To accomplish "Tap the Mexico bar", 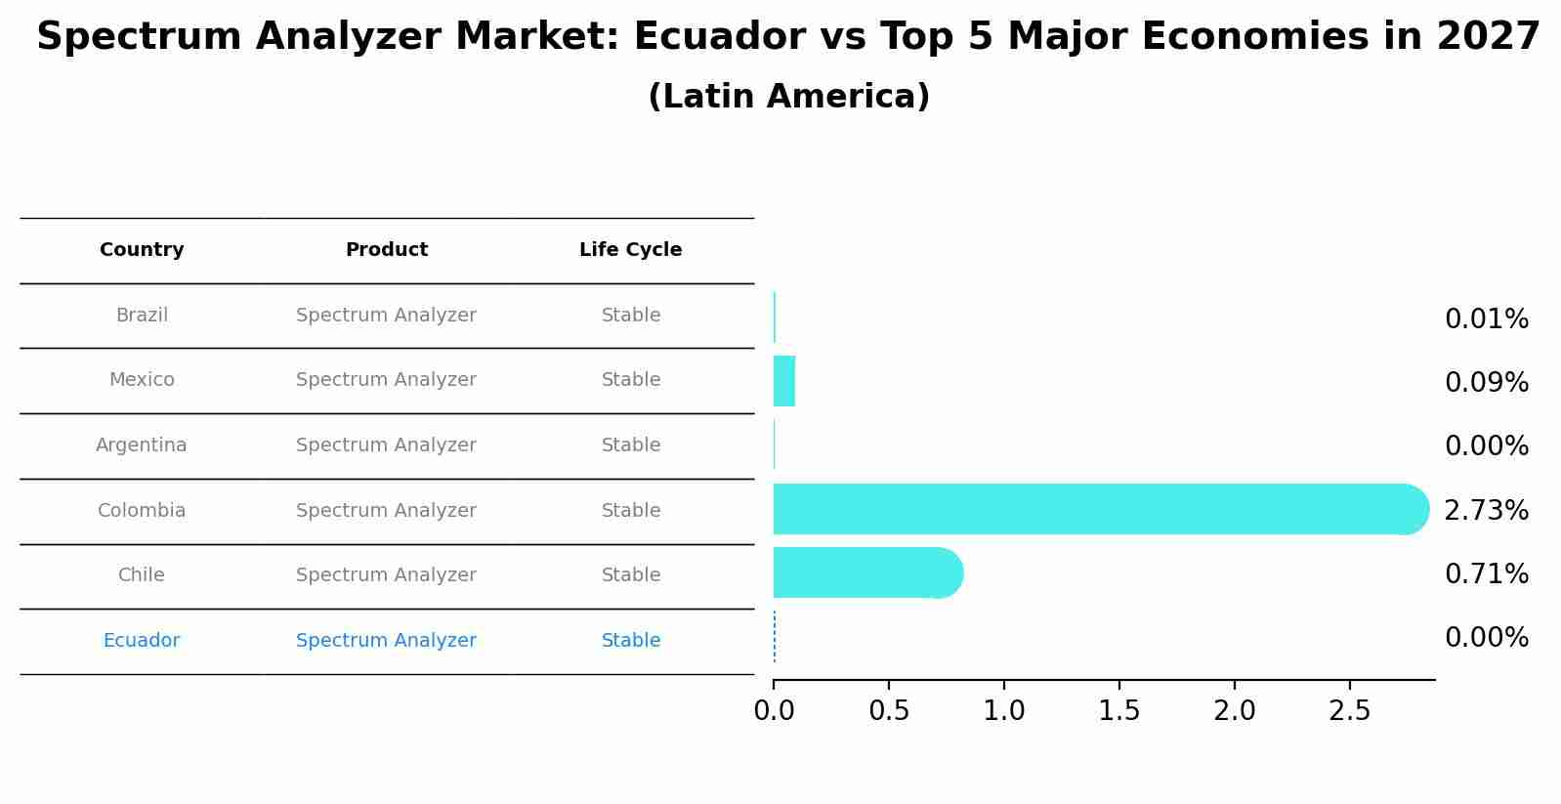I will click(x=783, y=381).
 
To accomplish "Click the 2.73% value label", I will click(x=1486, y=510).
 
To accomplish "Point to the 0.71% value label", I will click(x=1486, y=573).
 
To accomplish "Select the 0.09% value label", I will click(x=1486, y=382).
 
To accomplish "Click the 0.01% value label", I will click(x=1486, y=318).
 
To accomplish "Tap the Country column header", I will click(x=142, y=249).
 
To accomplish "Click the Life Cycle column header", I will click(x=630, y=249).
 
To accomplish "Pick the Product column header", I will click(x=386, y=249).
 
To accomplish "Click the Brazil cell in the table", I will click(x=142, y=315).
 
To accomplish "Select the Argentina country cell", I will click(x=142, y=444).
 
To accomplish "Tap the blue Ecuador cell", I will click(x=142, y=640).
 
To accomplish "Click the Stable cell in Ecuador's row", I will click(x=630, y=640).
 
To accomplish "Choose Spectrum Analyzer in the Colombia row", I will click(x=386, y=510).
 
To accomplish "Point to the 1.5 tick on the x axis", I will click(x=1118, y=711).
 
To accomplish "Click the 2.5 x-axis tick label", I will click(x=1349, y=711).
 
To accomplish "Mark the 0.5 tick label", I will click(x=889, y=711).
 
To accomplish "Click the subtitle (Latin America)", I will click(x=788, y=97).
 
